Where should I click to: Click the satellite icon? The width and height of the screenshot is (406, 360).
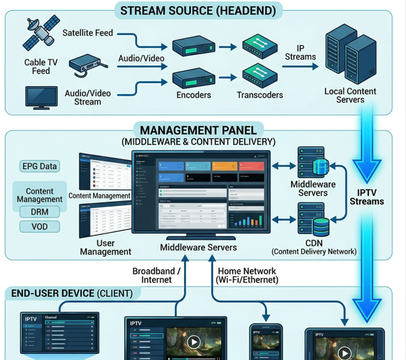click(x=38, y=34)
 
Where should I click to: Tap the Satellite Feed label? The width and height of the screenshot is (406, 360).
click(x=87, y=32)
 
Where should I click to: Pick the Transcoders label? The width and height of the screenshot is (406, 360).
click(x=259, y=96)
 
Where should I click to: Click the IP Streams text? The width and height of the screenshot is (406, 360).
click(x=300, y=52)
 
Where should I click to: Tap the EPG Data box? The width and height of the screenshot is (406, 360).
click(x=40, y=166)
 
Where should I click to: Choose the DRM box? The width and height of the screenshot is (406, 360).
click(x=40, y=212)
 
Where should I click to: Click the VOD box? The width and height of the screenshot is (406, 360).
click(x=40, y=227)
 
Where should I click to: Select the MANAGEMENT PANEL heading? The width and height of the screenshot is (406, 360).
click(x=198, y=130)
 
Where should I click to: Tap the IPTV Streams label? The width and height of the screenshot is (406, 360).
click(x=367, y=196)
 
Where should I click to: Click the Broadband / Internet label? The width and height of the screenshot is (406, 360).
click(x=156, y=275)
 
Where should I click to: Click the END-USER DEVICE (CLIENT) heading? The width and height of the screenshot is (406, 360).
click(x=73, y=294)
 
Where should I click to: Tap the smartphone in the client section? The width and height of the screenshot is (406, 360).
click(x=266, y=341)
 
